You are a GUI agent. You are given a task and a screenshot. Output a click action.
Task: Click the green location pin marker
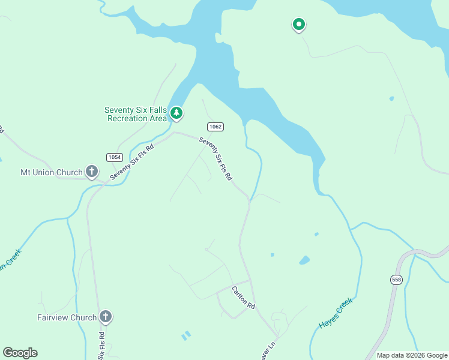(298, 25)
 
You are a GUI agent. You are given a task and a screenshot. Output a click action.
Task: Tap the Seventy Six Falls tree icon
(176, 113)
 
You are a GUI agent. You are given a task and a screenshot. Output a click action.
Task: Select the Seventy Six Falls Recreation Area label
(136, 114)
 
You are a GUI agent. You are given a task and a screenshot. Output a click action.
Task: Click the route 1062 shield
(215, 127)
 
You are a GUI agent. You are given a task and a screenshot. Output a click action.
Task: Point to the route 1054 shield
(114, 157)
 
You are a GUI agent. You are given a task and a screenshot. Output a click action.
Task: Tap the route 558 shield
(396, 280)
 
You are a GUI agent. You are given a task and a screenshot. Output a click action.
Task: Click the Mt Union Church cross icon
(91, 172)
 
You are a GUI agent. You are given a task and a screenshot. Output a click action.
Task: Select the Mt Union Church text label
(51, 173)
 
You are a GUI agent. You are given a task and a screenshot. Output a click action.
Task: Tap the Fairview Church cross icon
(105, 317)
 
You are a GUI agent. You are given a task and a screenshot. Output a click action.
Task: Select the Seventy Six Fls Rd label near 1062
(215, 160)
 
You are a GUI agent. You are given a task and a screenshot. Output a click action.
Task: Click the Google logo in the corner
(20, 352)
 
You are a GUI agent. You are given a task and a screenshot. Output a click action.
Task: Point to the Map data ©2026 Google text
(412, 355)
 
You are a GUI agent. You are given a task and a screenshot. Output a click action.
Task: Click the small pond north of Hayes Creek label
(304, 260)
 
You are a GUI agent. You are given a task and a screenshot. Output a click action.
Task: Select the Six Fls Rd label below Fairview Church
(102, 346)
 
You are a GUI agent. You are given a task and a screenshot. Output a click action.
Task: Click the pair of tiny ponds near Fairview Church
(185, 335)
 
